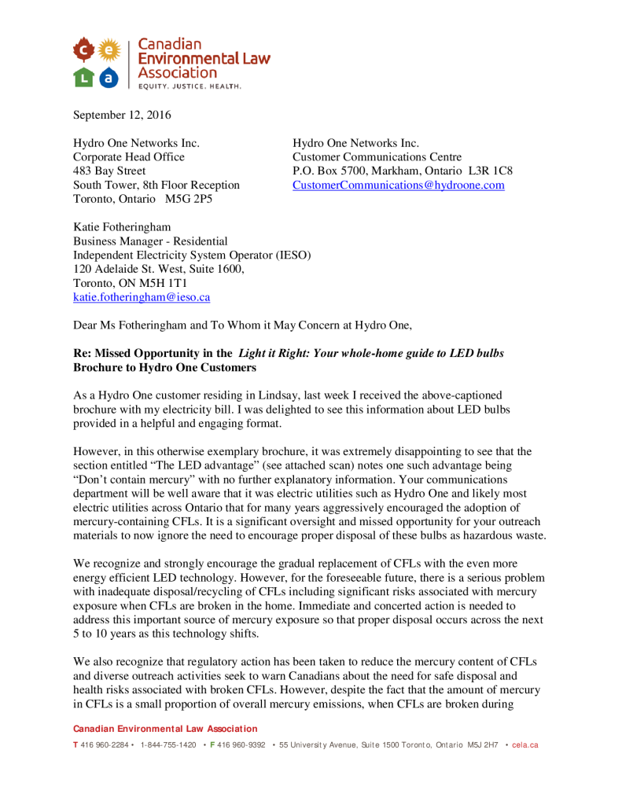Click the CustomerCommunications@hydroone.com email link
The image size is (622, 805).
pos(398,186)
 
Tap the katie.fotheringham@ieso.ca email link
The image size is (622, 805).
pos(142,298)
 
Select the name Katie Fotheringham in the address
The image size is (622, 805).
pos(122,227)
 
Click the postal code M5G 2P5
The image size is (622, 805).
pos(188,200)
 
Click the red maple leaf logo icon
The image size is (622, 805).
pos(85,50)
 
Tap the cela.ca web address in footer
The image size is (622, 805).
pos(525,744)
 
